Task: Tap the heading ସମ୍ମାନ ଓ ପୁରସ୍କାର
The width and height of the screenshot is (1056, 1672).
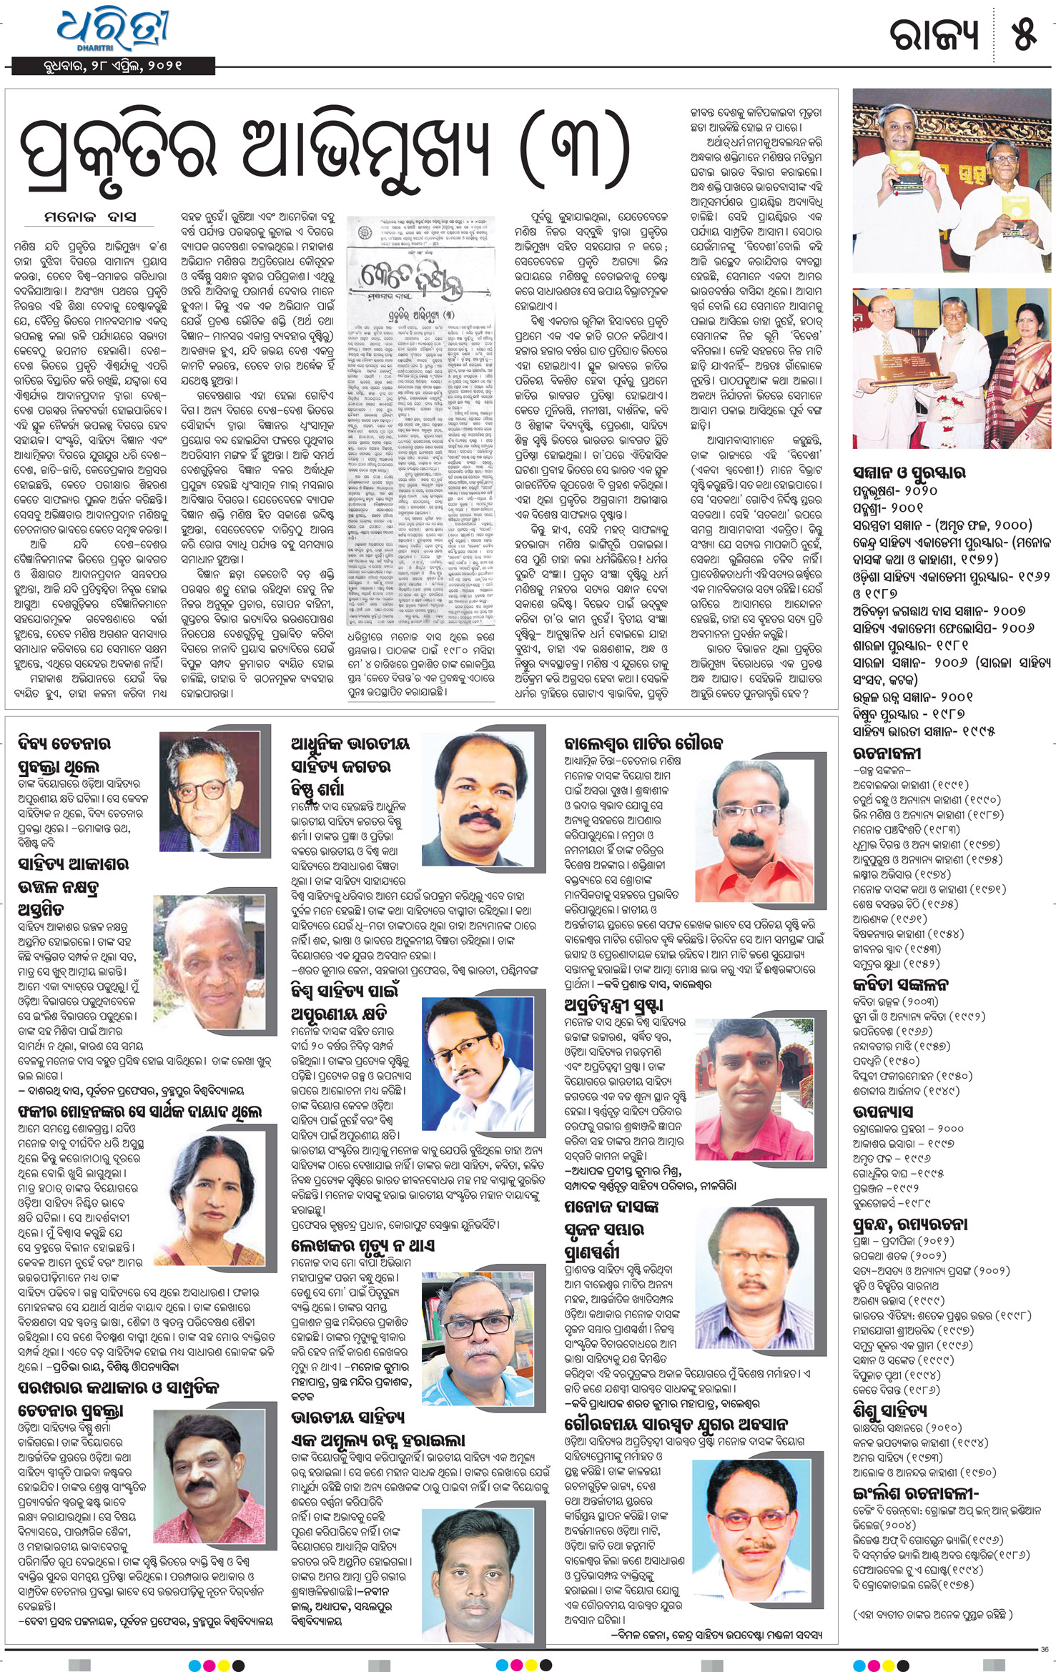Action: (909, 473)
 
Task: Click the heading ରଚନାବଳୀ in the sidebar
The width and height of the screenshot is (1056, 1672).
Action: (887, 753)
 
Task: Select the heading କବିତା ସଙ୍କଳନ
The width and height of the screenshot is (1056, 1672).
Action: (900, 984)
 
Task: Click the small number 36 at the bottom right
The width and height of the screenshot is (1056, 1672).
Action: (1045, 1649)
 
